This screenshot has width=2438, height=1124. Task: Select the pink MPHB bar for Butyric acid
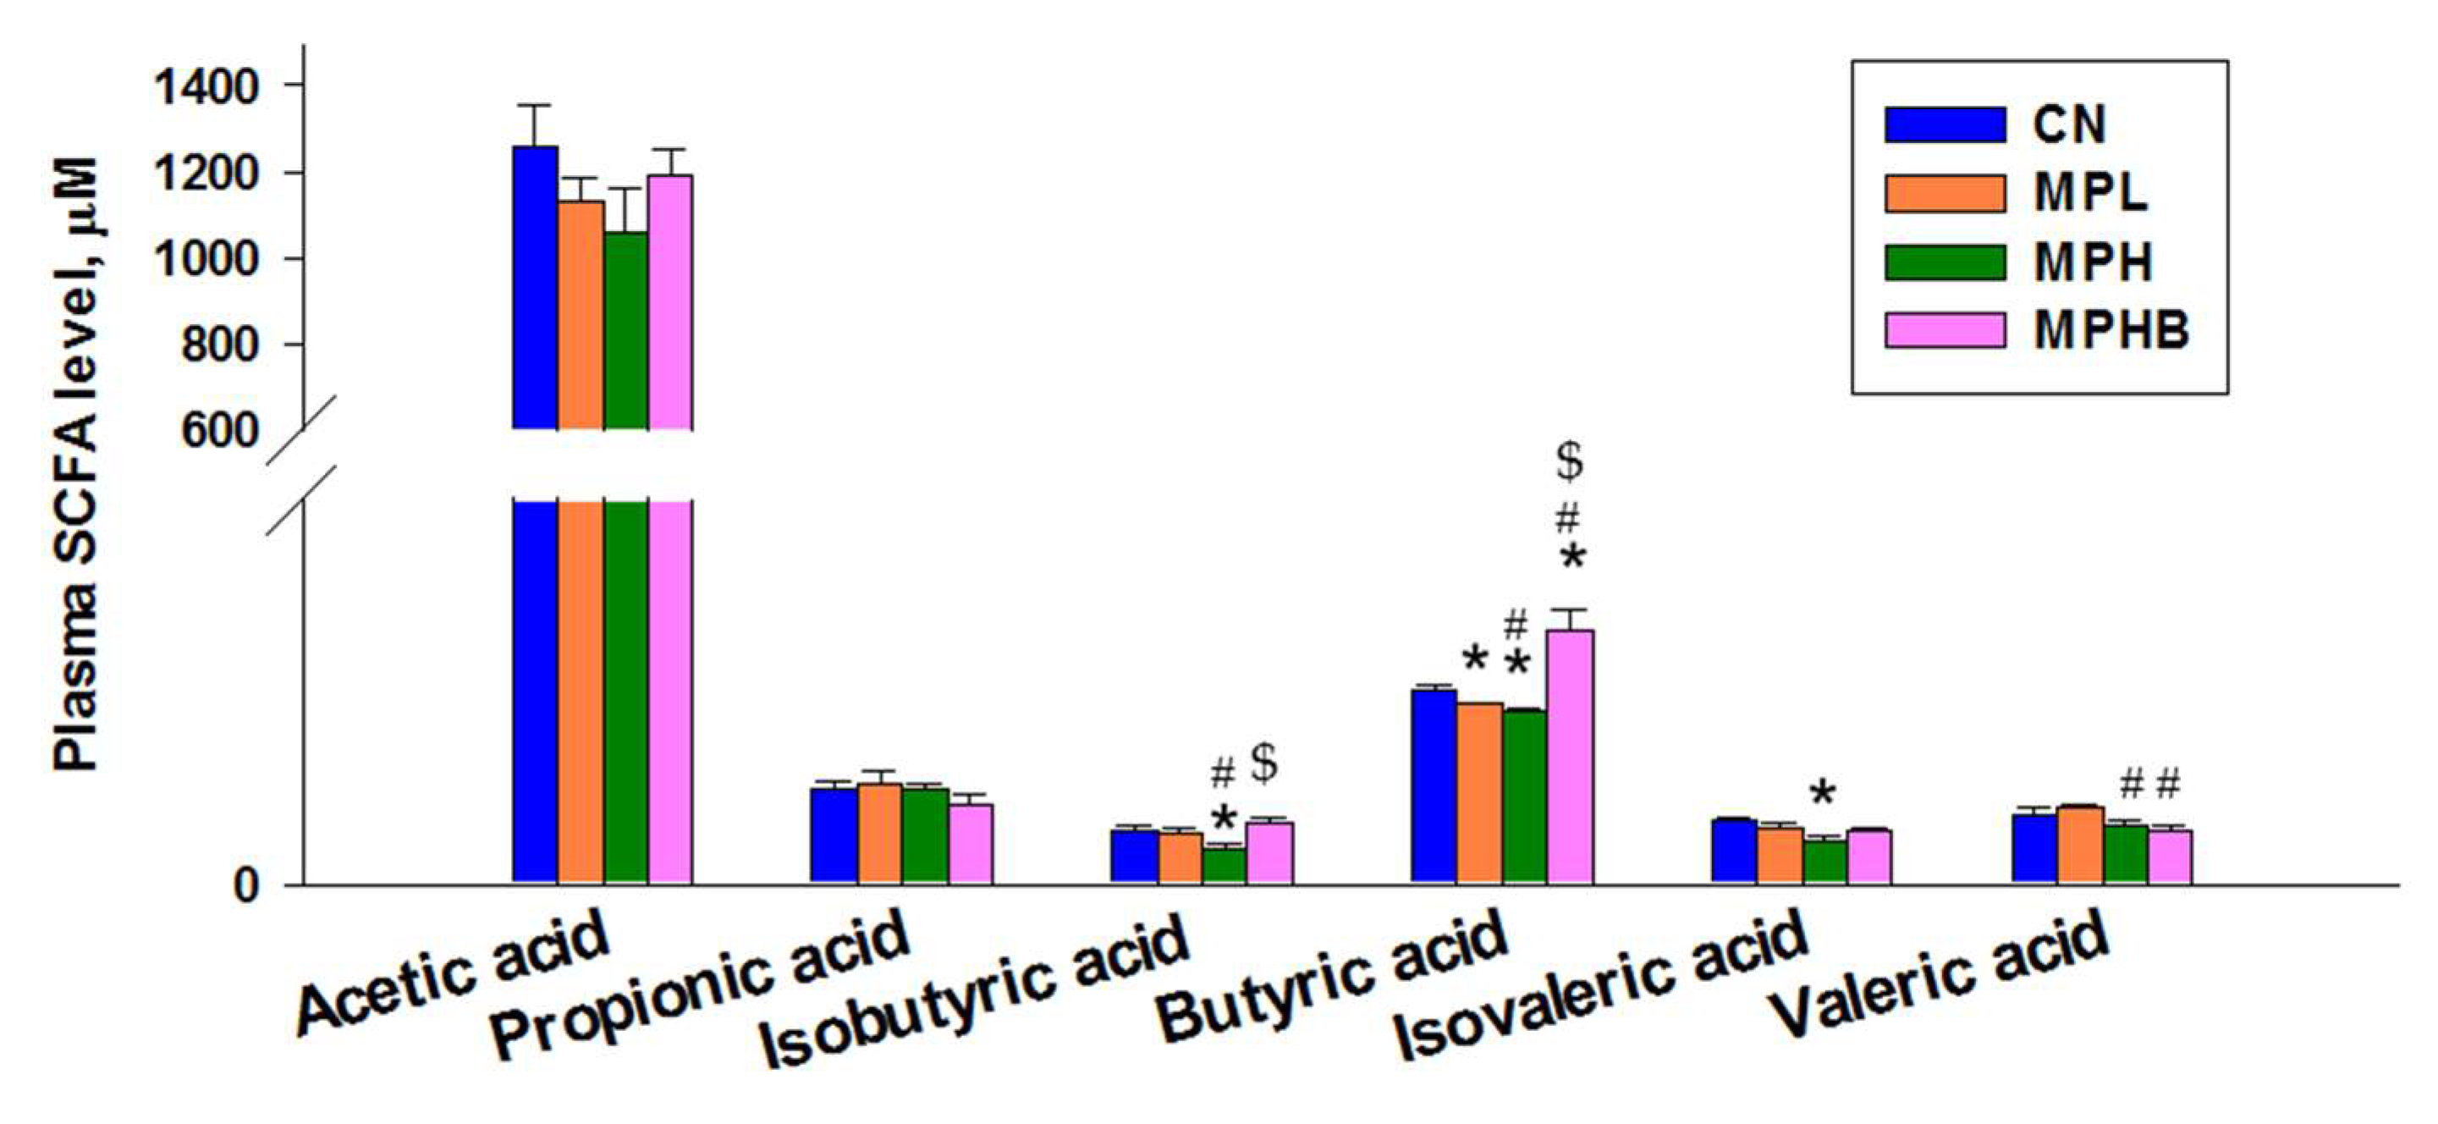[x=1570, y=758]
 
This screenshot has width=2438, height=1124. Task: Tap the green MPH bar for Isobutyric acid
[x=1225, y=866]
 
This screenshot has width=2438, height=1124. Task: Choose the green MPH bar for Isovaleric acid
[x=1824, y=862]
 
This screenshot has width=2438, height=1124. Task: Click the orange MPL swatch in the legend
[x=1945, y=193]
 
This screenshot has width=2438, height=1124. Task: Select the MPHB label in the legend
[x=2111, y=330]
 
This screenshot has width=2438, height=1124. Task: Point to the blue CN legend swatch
[x=1945, y=125]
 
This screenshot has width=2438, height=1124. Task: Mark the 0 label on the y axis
[x=246, y=886]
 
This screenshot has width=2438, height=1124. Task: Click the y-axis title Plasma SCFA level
[x=75, y=464]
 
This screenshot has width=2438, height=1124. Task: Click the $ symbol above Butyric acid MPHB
[x=1569, y=461]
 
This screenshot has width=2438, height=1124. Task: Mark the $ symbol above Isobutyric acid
[x=1264, y=763]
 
